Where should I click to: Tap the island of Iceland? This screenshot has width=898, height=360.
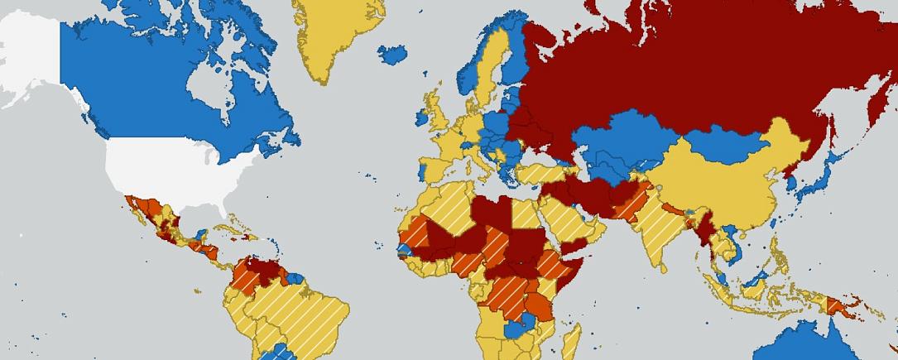392,55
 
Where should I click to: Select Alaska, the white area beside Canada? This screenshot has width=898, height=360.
29,58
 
